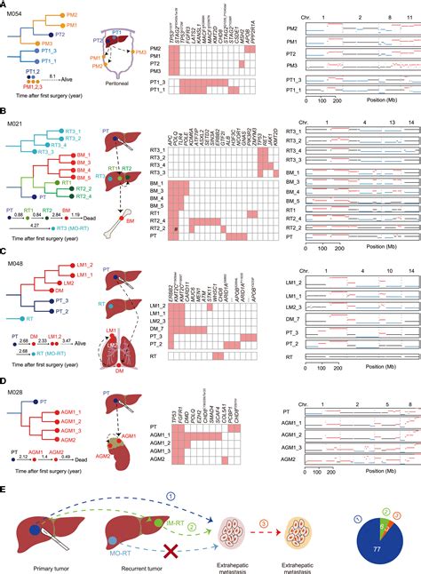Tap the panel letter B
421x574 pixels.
click(5, 113)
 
